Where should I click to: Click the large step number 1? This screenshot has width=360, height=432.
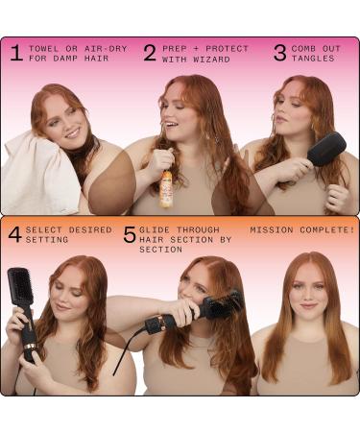15,52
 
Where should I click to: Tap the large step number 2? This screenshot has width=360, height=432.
150,52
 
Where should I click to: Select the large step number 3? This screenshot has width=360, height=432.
279,52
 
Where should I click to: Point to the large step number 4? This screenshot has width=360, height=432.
14,234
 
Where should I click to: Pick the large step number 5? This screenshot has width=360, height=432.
129,234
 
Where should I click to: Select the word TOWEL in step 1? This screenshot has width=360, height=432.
44,48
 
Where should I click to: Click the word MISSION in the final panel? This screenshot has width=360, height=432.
272,230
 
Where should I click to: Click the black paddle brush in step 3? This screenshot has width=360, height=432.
326,149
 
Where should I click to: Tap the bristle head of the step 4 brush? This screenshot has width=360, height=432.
20,288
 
